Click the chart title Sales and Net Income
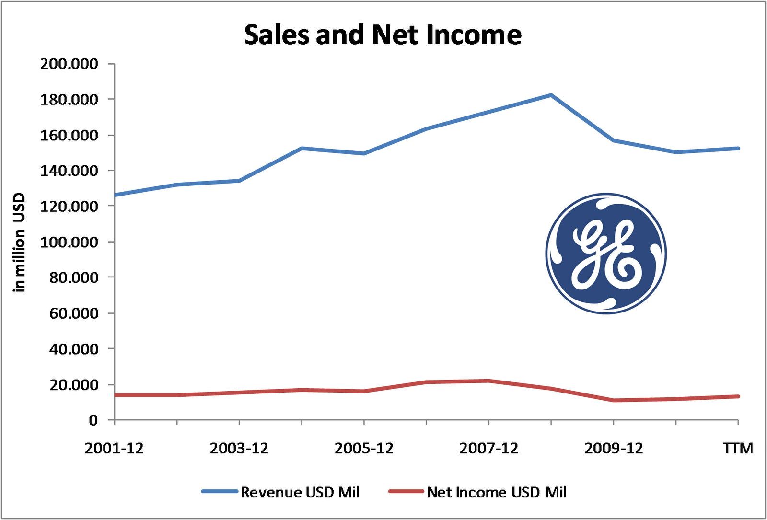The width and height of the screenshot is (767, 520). click(x=383, y=35)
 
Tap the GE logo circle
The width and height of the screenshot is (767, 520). click(x=606, y=254)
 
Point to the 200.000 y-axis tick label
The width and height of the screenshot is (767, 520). click(x=69, y=64)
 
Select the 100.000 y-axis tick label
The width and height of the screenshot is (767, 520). click(x=69, y=242)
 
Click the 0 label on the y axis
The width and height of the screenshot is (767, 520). click(x=93, y=420)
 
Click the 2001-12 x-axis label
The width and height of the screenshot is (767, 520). click(x=114, y=448)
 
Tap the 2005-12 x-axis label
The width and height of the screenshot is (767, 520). click(x=364, y=448)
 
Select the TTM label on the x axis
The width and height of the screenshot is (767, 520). click(x=738, y=448)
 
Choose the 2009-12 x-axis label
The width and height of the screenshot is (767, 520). click(x=614, y=448)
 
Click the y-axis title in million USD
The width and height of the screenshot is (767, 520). click(x=19, y=242)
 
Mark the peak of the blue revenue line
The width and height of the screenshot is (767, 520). click(x=551, y=95)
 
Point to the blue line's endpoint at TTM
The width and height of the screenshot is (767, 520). click(x=738, y=148)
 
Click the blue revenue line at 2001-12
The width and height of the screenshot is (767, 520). click(x=116, y=195)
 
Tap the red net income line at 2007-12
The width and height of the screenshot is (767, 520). click(x=488, y=381)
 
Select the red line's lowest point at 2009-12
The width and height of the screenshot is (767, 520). click(x=614, y=400)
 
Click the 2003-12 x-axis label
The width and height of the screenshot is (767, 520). click(x=239, y=448)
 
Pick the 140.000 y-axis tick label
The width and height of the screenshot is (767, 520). click(x=69, y=171)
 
